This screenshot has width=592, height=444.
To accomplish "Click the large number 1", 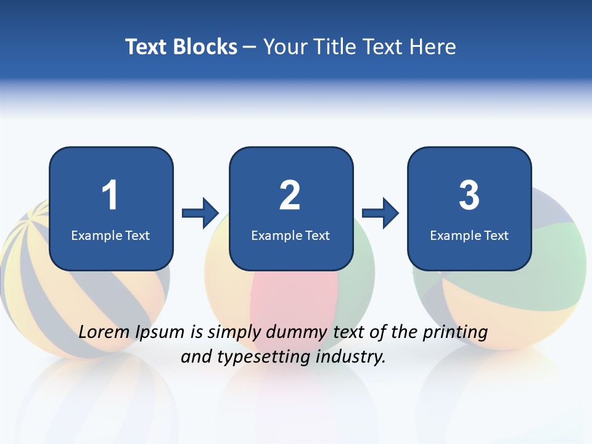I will coord(110,195).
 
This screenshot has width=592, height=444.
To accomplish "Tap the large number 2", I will coord(290,195).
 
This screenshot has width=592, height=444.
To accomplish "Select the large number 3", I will coord(469,195).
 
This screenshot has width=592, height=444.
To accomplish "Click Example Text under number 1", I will coord(110,236).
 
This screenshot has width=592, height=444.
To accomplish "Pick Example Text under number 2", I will coord(290,236).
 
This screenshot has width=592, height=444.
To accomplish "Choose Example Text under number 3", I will coord(469,236).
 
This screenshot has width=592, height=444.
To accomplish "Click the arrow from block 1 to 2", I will coord(200,213).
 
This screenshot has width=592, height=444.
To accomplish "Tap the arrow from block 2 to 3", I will coord(380,213).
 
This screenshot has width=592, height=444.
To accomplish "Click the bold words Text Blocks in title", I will coord(181,47).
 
